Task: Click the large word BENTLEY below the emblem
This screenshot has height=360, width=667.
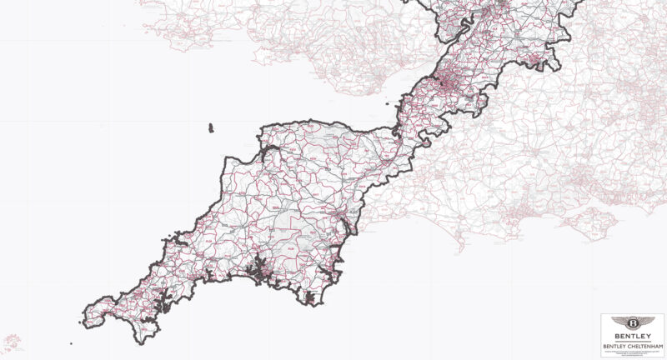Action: (x=633, y=336)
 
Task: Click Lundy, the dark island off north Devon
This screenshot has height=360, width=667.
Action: (x=210, y=128)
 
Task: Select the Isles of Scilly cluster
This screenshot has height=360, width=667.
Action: (x=12, y=341)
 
